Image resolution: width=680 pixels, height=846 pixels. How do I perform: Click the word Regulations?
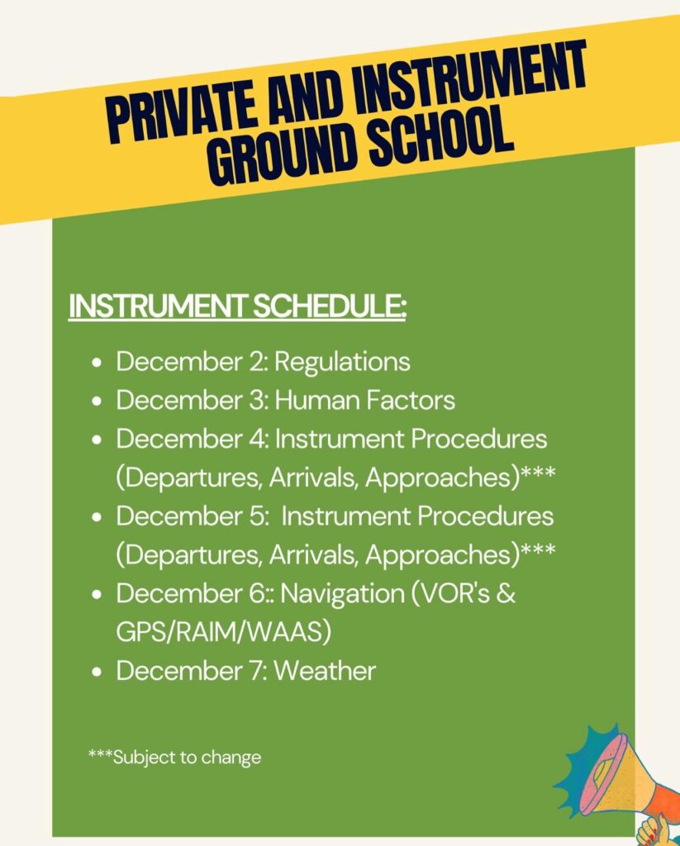click(342, 362)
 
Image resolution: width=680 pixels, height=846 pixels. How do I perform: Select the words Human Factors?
click(364, 401)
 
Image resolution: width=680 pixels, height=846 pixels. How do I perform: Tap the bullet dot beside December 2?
click(98, 363)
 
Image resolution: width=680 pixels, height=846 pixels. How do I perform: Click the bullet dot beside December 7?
click(98, 672)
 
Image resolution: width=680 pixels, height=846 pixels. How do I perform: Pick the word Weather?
click(324, 671)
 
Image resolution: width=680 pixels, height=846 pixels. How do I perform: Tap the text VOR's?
click(466, 594)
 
